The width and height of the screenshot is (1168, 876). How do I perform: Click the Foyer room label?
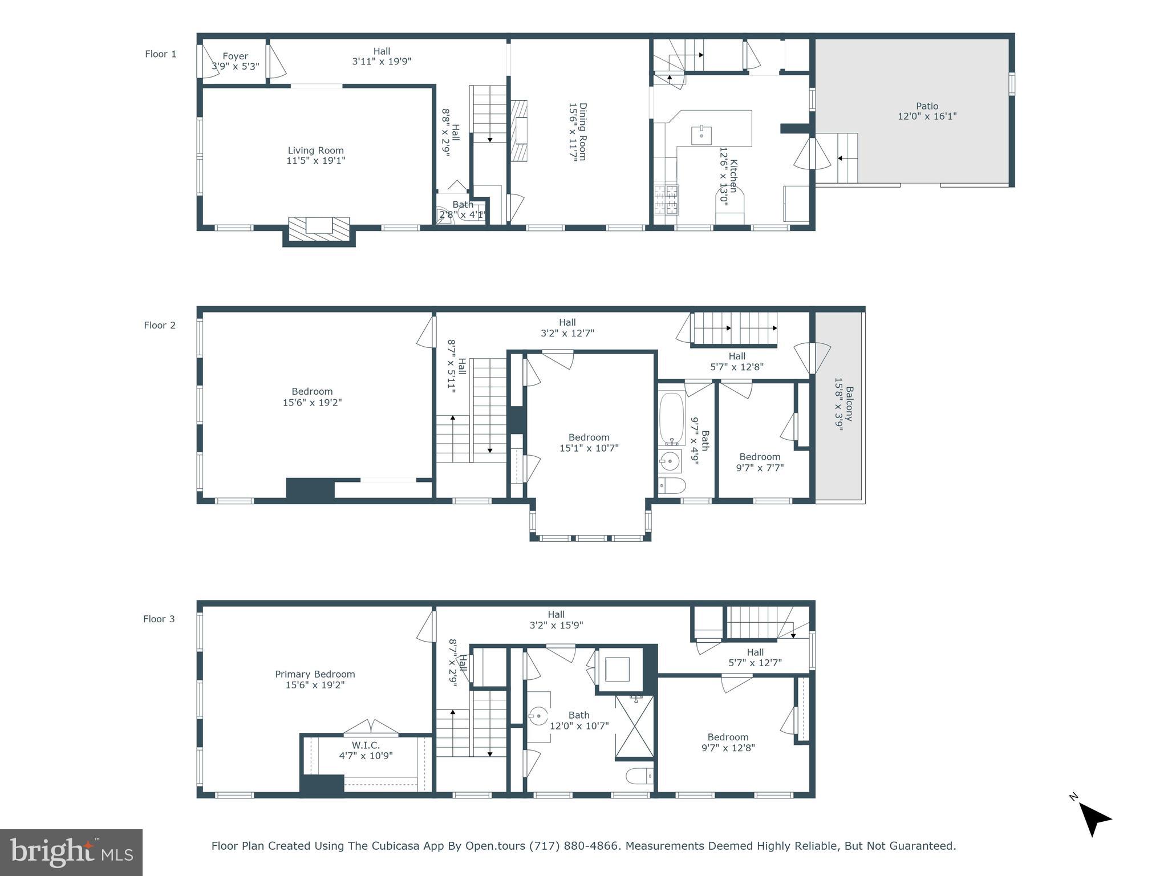(235, 56)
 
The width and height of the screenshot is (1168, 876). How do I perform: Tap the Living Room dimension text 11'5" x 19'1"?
(315, 161)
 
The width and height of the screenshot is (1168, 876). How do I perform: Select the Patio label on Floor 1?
(927, 106)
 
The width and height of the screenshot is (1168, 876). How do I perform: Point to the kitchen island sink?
(701, 135)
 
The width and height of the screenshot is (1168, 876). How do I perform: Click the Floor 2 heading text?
(160, 325)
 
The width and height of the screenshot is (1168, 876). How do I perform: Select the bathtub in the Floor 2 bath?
(672, 418)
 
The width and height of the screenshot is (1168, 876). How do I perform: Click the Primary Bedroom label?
(315, 674)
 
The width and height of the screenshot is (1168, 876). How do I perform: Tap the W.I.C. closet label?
(366, 745)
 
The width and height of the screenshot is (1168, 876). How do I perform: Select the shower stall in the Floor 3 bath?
(634, 727)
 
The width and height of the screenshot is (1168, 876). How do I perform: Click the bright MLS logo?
(71, 852)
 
